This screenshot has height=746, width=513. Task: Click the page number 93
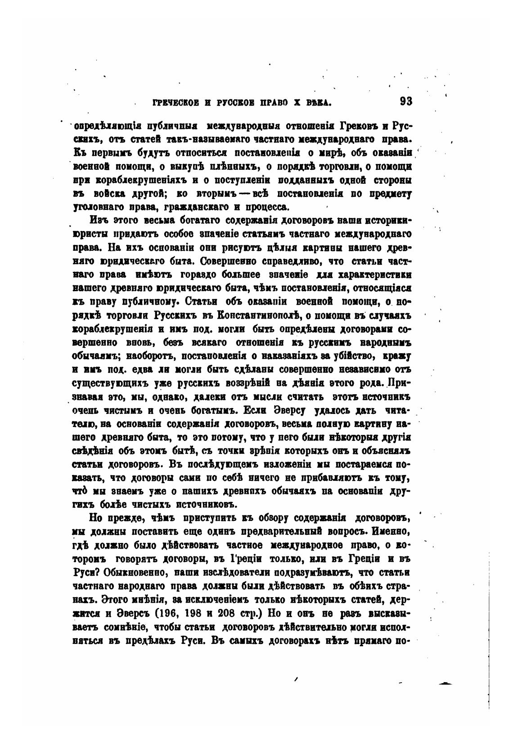coord(405,102)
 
